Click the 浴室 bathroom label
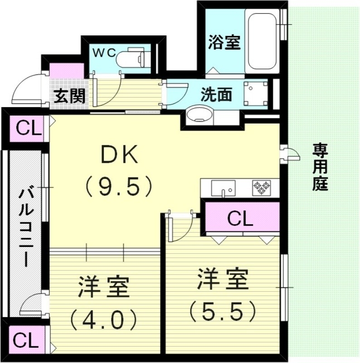224,43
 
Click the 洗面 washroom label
217,94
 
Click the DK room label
119,156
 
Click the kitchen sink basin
224,187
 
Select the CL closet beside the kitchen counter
241,219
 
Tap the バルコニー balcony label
25,227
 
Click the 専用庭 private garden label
321,167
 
